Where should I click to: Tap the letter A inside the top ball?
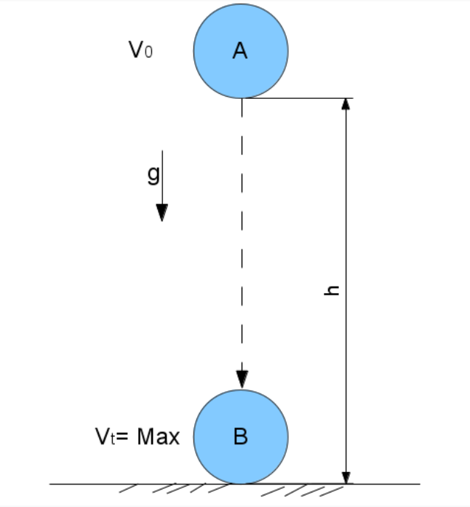[240, 50]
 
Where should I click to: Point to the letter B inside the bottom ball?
[241, 436]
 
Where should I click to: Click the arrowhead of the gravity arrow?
[162, 212]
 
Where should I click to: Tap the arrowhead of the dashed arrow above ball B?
[242, 379]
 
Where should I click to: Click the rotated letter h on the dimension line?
[332, 290]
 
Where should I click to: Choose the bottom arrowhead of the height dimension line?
[346, 476]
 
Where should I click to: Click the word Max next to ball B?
[159, 436]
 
